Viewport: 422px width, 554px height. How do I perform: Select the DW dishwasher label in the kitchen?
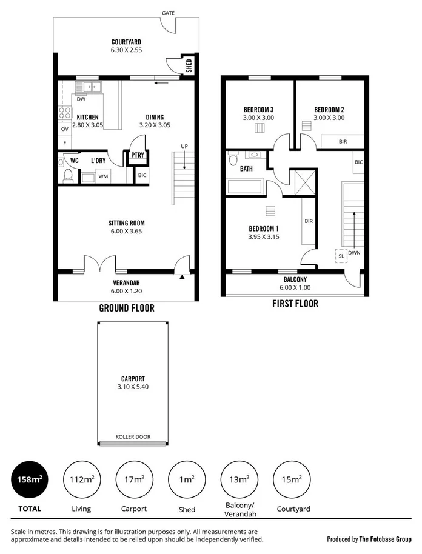coord(81,99)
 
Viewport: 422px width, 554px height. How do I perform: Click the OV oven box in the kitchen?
coord(64,129)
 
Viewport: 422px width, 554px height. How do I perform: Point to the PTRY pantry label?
coord(138,156)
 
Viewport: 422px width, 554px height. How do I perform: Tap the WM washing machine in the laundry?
coord(103,176)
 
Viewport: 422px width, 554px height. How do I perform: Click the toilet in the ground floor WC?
coord(68,175)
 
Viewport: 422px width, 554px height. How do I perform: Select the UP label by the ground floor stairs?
coord(183,146)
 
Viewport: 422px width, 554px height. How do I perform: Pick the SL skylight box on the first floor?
coord(341,256)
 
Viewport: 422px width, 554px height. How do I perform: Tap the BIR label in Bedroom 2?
coord(343,141)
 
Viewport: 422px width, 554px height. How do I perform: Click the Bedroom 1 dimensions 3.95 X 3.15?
coord(264,237)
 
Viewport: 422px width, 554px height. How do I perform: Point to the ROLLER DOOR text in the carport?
coord(133,436)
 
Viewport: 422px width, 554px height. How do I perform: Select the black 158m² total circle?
coord(30,479)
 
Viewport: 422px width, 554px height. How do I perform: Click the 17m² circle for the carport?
coord(134,479)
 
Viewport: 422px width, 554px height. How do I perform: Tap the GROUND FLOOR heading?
coord(127,308)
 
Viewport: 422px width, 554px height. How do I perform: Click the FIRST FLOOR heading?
coord(295,303)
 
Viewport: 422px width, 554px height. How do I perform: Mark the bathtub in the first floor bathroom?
coord(245,186)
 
